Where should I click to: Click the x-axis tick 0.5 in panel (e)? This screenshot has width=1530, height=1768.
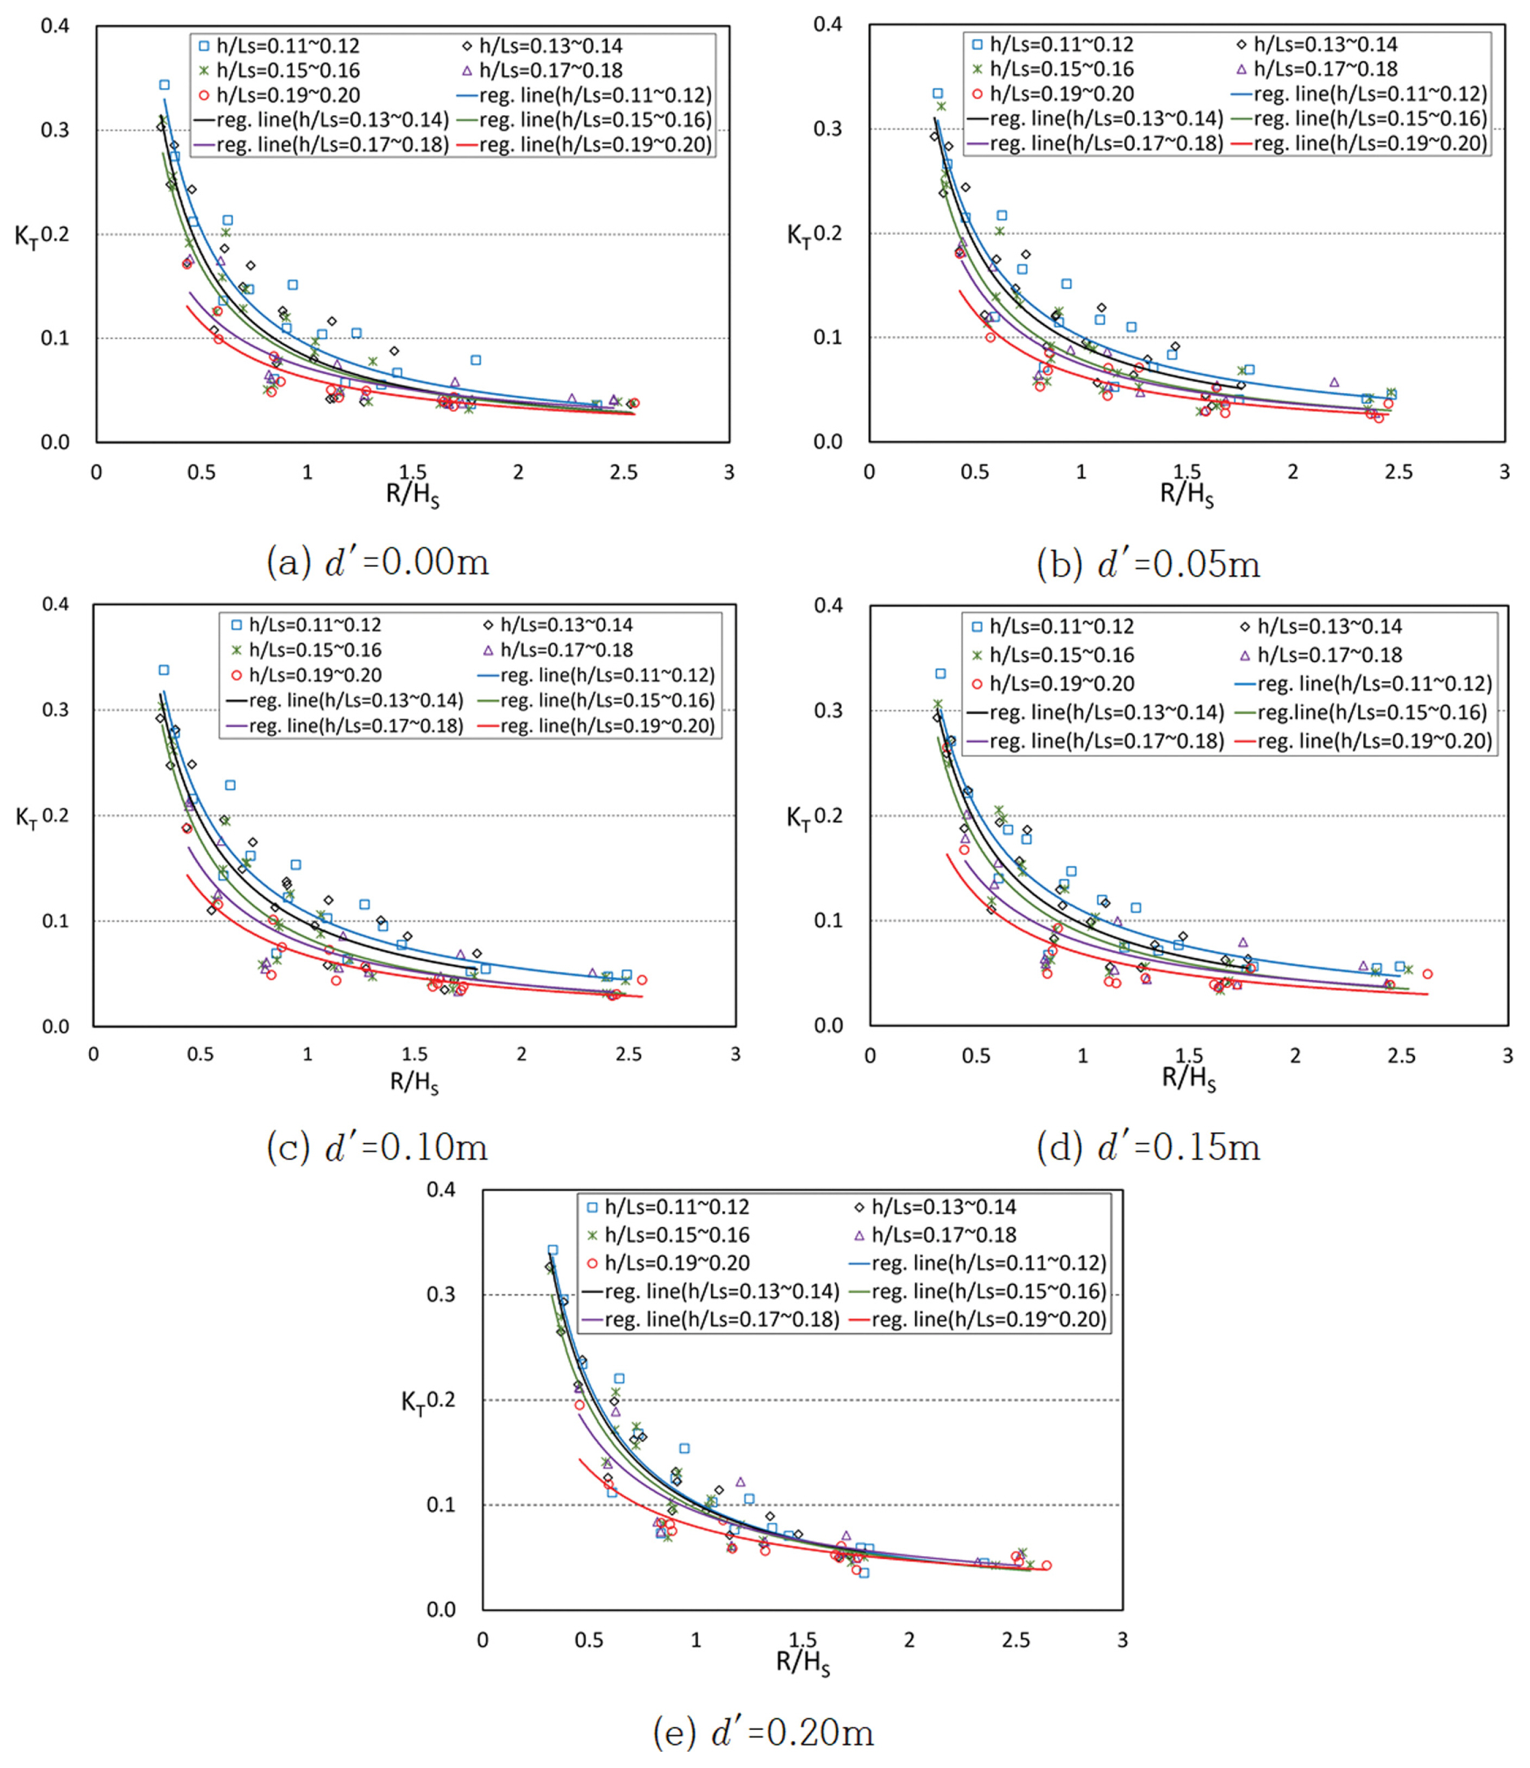click(x=589, y=1640)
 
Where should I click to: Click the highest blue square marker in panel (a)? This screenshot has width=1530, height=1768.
click(x=164, y=85)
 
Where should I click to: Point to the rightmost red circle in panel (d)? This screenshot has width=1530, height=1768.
click(x=1427, y=974)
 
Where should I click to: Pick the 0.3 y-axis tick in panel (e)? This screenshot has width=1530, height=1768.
click(x=443, y=1294)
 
